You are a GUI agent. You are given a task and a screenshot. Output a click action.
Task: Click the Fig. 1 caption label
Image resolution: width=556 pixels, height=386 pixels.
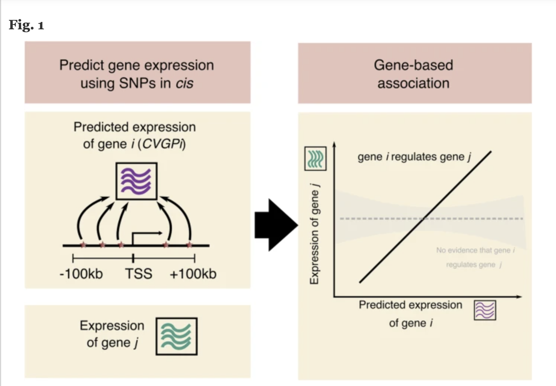click(x=26, y=25)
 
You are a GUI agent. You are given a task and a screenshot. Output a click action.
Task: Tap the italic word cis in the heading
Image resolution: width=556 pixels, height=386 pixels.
click(x=184, y=83)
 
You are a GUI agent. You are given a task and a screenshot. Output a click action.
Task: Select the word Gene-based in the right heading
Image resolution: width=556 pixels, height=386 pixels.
click(x=413, y=65)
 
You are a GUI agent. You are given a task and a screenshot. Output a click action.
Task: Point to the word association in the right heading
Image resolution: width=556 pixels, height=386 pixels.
click(x=413, y=83)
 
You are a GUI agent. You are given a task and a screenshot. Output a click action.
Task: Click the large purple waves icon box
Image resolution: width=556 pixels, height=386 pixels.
click(x=136, y=181)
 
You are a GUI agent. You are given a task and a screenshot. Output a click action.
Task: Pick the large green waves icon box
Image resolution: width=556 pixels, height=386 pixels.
click(x=176, y=336)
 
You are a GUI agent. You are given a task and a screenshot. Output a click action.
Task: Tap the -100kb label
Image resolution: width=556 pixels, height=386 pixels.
click(x=81, y=274)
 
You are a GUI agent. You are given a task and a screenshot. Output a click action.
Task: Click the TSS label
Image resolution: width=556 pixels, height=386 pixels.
click(x=138, y=274)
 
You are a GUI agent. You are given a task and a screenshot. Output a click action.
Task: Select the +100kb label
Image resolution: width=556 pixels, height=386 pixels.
click(x=193, y=274)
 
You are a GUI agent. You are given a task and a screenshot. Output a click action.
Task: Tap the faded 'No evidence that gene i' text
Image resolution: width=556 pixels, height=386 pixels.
click(x=475, y=250)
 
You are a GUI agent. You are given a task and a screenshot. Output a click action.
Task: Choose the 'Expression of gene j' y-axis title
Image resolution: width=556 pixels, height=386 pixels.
click(x=314, y=234)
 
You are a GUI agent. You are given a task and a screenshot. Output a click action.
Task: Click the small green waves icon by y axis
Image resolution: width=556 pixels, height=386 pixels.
click(x=315, y=158)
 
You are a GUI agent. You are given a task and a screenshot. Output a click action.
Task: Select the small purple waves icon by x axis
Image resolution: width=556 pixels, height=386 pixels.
click(x=485, y=310)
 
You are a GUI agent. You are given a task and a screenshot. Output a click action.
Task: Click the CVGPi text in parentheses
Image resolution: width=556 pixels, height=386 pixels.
click(x=162, y=144)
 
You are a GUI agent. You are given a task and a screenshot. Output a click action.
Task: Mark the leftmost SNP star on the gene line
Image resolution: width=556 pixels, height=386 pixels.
click(x=83, y=245)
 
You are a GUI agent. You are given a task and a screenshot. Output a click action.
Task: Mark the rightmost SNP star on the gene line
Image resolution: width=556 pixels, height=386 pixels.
click(x=189, y=245)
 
